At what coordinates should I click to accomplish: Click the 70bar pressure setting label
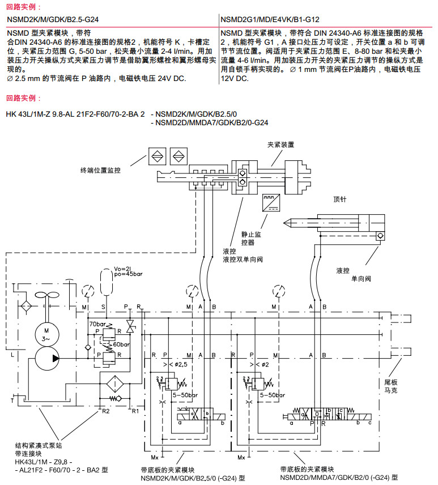click(96, 324)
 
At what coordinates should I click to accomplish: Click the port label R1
click(135, 410)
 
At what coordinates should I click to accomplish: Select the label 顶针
click(340, 199)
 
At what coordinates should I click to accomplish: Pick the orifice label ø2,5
click(180, 363)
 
